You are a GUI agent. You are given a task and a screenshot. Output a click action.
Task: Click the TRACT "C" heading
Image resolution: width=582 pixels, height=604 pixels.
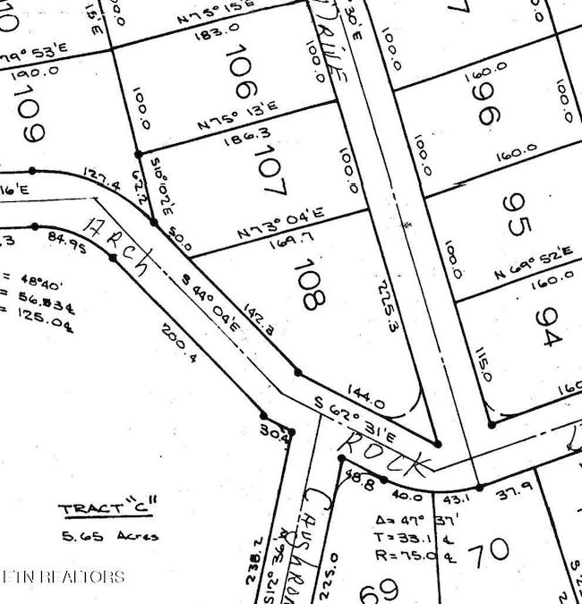point(104,509)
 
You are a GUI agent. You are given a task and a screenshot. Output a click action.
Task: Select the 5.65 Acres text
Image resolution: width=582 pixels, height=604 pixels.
point(109,536)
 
